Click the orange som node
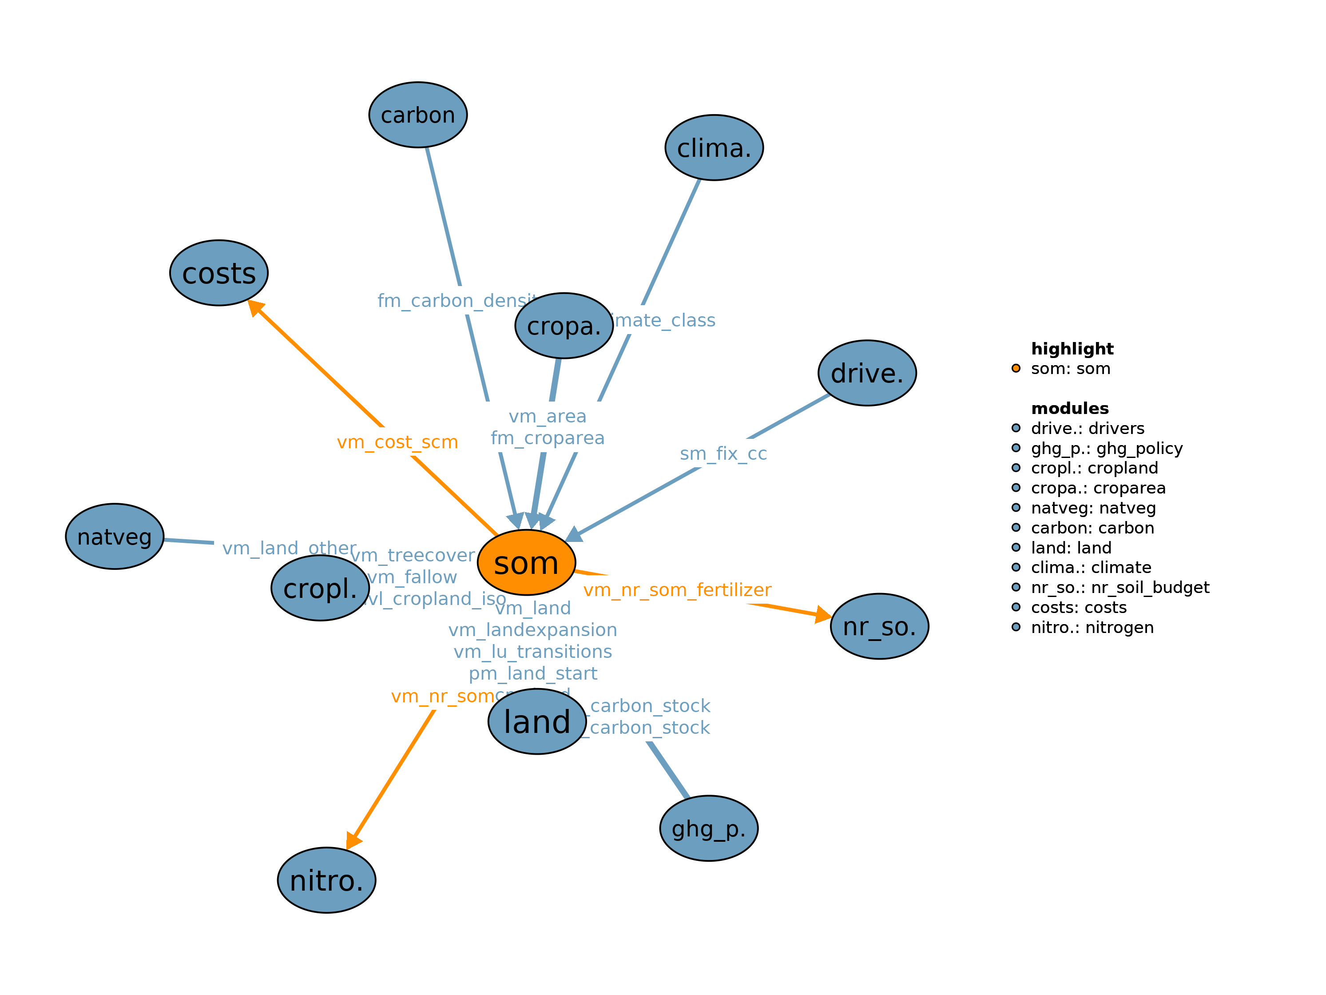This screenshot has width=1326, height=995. point(526,562)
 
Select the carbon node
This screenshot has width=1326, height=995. point(418,115)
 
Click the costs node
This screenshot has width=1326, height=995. point(219,273)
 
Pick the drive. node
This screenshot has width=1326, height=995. point(867,373)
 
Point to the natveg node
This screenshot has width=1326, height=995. point(115,536)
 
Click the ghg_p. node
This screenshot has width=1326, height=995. point(709,828)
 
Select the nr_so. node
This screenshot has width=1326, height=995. point(879,626)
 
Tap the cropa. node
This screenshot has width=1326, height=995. point(564,326)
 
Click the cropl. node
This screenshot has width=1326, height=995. point(320,588)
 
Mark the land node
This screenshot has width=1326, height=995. point(537,721)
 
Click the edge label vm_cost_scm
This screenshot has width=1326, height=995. point(397,442)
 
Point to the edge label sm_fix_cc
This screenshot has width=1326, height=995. point(723,454)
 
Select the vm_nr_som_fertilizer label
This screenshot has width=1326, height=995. point(677,590)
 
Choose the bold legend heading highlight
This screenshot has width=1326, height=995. point(1072,348)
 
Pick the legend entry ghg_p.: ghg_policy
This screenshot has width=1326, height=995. point(1106,448)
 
